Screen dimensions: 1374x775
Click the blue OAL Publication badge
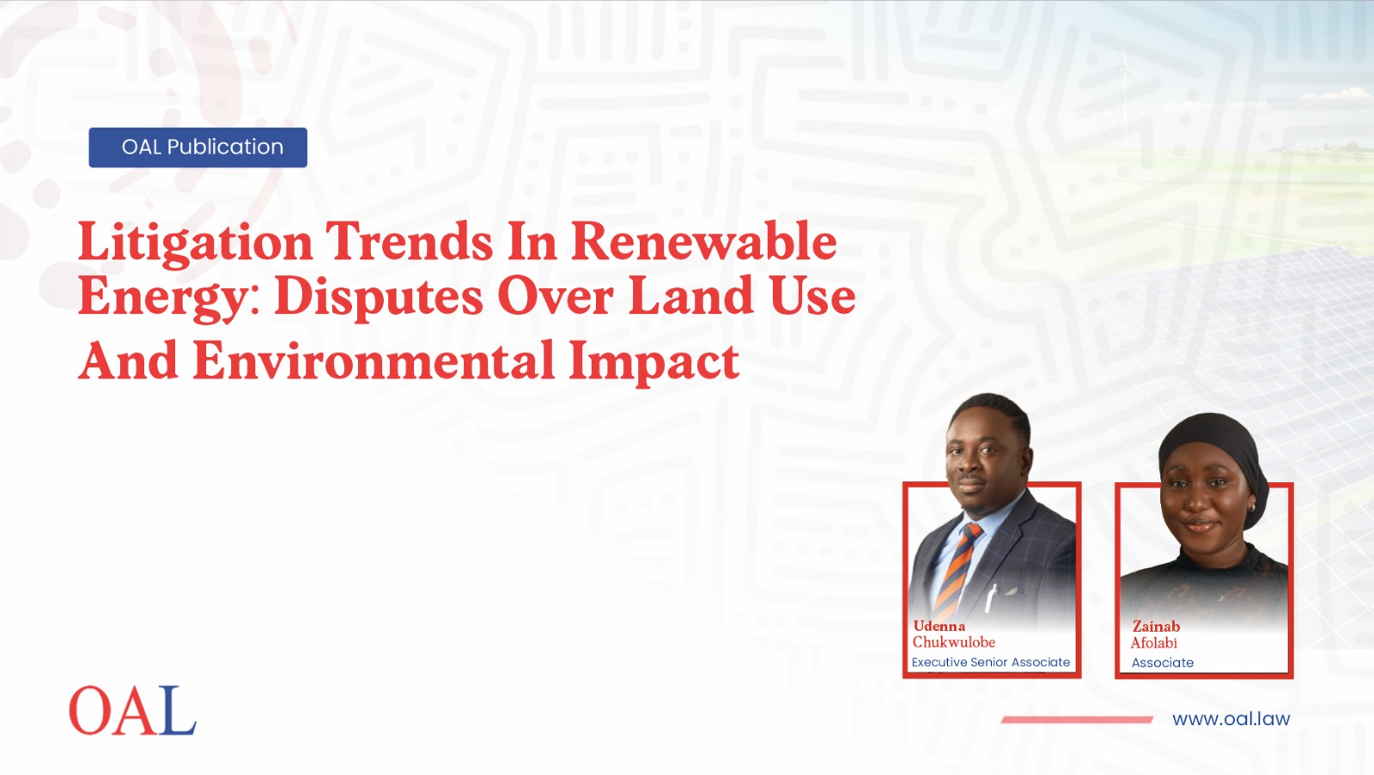pyautogui.click(x=198, y=147)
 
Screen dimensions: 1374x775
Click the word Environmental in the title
pyautogui.click(x=374, y=361)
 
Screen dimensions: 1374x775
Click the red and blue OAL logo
pyautogui.click(x=132, y=710)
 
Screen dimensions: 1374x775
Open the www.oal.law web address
pyautogui.click(x=1231, y=718)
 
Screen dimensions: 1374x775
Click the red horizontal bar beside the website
pyautogui.click(x=1077, y=720)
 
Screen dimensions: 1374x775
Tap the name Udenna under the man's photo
pyautogui.click(x=939, y=626)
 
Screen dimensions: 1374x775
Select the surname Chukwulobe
pyautogui.click(x=953, y=642)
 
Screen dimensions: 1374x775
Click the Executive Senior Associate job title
pyautogui.click(x=991, y=663)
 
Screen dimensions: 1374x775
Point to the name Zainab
pyautogui.click(x=1156, y=626)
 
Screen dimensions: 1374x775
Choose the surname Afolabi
pyautogui.click(x=1154, y=643)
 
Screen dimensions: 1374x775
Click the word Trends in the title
pyautogui.click(x=409, y=241)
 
